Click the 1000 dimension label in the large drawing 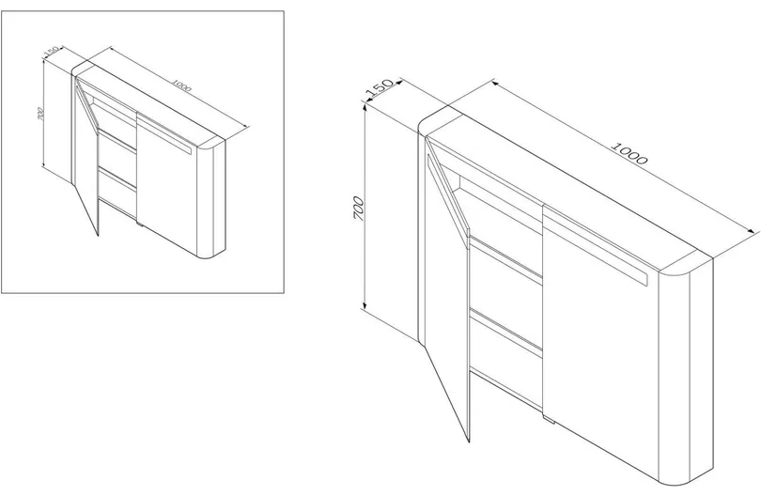629,153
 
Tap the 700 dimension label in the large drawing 359,209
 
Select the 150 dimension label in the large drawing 379,88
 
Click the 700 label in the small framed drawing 40,114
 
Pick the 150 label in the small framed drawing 52,51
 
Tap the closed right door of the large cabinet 601,340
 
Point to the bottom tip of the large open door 469,442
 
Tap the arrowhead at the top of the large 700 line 365,107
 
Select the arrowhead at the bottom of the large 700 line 364,304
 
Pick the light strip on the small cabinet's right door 165,135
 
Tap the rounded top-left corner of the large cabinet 427,120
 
